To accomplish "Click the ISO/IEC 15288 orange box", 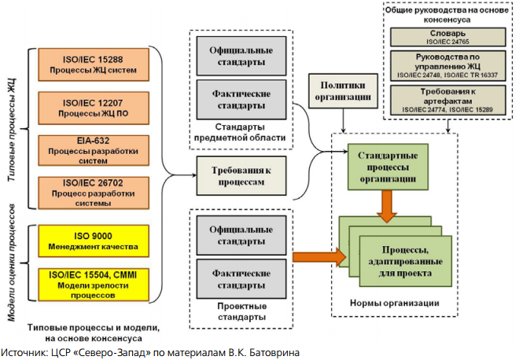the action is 94,64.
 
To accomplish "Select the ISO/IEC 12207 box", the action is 94,108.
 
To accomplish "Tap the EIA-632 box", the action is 94,150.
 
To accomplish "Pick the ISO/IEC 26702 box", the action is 94,193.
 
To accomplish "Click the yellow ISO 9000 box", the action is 94,241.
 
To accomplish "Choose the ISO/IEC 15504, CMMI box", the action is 94,285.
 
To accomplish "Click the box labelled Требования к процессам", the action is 241,176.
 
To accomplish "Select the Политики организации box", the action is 343,91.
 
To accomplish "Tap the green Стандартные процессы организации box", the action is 388,167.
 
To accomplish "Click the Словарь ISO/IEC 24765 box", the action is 448,37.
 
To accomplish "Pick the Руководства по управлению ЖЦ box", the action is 448,65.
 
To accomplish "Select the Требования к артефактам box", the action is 448,101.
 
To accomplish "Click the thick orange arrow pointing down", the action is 387,206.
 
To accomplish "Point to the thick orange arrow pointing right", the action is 319,257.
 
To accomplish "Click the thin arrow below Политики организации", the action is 343,120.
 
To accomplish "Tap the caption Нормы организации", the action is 395,303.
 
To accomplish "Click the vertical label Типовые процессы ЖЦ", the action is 12,130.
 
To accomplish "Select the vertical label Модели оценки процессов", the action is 12,263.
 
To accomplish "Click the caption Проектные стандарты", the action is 241,311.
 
